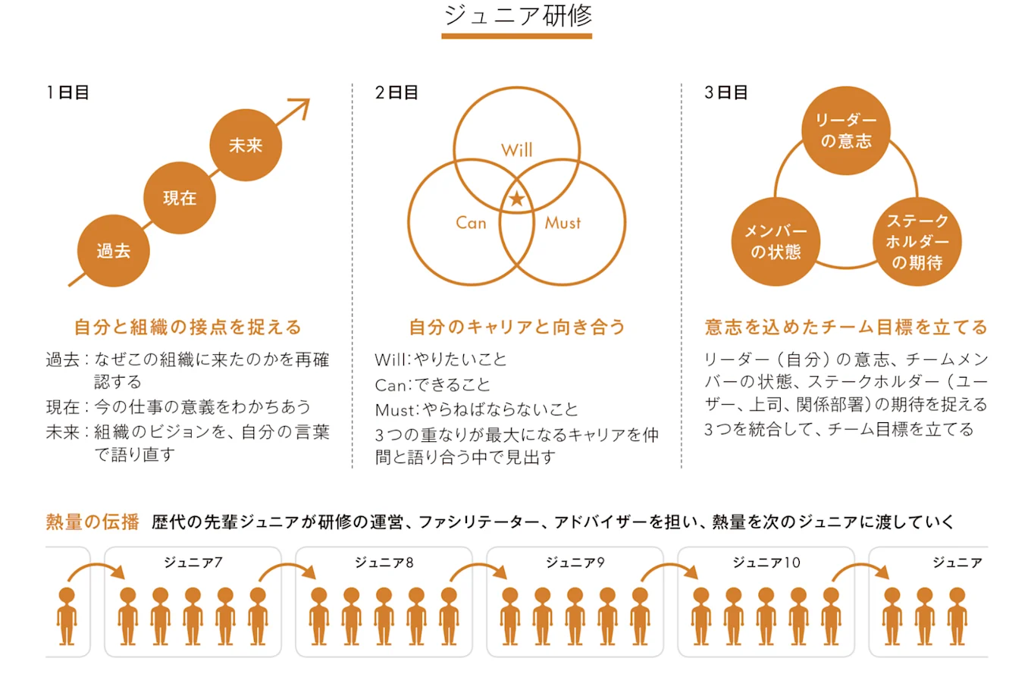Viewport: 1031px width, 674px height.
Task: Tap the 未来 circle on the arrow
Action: coord(246,146)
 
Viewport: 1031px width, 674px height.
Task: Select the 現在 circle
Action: coord(180,198)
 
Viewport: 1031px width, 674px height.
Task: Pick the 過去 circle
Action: coord(114,251)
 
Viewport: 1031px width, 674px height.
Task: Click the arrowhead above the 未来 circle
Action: coord(302,107)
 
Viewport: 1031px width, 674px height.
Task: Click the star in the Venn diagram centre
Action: coord(516,199)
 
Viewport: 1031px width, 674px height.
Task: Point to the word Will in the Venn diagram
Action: coord(516,149)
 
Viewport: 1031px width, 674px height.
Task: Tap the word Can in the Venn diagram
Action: coord(471,222)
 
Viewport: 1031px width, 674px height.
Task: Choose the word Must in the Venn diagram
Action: coord(563,222)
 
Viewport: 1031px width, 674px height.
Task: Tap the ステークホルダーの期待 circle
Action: coord(917,242)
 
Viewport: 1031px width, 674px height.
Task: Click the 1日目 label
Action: coord(67,92)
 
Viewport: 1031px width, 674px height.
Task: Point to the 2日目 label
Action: coord(396,92)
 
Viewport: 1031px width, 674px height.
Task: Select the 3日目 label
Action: coord(725,92)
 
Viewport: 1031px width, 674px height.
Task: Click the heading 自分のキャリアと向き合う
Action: coord(517,327)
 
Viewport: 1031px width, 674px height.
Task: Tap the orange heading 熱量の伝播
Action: coord(92,522)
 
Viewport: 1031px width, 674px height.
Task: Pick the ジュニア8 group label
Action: coord(384,563)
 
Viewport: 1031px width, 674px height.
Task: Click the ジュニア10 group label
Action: coord(766,563)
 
